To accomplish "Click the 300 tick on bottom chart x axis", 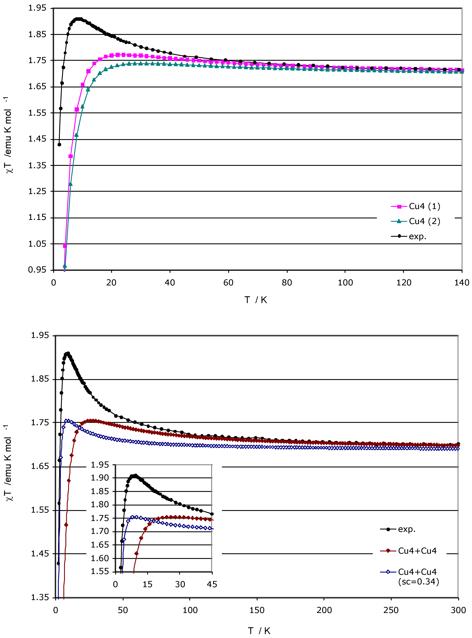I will (458, 610).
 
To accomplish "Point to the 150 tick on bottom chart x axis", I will (257, 610).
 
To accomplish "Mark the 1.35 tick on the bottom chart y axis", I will (40, 597).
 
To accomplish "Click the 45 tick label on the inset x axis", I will (212, 584).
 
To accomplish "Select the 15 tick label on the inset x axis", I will (147, 584).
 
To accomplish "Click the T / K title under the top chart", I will (256, 300).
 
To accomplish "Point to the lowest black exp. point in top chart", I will (59, 144).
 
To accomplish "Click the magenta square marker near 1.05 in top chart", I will (65, 246).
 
